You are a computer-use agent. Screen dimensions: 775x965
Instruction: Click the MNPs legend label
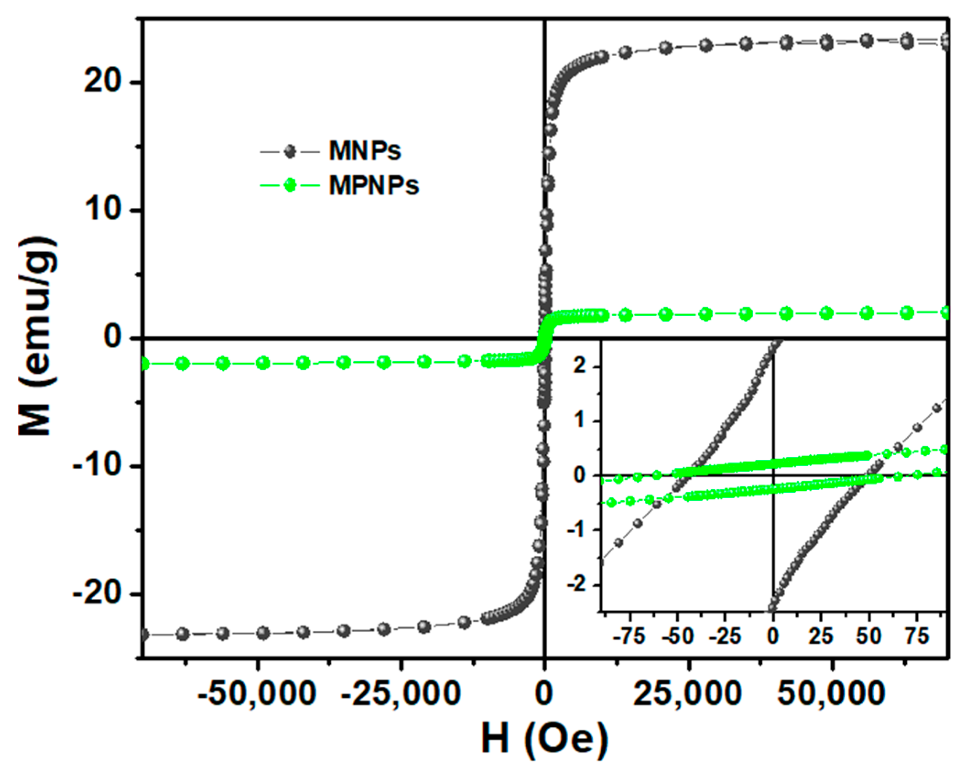coord(364,151)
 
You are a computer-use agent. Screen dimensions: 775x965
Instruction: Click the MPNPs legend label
coord(373,186)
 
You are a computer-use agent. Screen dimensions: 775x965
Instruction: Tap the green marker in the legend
coord(290,185)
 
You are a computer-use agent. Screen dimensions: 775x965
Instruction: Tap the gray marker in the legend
coord(290,151)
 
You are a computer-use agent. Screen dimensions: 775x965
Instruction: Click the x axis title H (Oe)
coord(544,738)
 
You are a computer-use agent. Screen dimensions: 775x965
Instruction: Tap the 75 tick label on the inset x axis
coord(916,636)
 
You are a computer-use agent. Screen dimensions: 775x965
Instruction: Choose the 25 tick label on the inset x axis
coord(820,636)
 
